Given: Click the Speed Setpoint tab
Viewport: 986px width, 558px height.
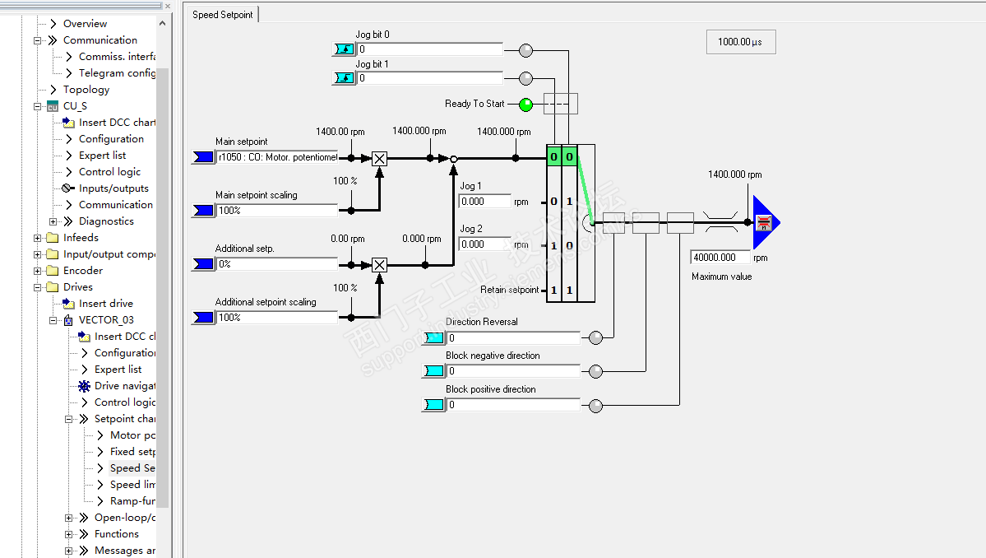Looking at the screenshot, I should pyautogui.click(x=223, y=15).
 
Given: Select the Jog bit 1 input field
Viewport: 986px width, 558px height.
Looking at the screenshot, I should pyautogui.click(x=429, y=79).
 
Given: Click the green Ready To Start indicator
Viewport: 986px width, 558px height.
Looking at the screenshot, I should pyautogui.click(x=525, y=105).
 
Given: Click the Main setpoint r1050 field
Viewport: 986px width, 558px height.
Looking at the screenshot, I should pyautogui.click(x=276, y=157).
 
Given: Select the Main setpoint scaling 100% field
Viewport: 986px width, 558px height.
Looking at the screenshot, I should pyautogui.click(x=276, y=211).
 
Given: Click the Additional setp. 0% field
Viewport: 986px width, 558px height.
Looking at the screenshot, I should pyautogui.click(x=276, y=264).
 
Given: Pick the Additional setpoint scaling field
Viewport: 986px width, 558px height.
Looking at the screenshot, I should pyautogui.click(x=276, y=318).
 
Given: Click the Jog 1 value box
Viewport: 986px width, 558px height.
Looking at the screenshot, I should pyautogui.click(x=484, y=202).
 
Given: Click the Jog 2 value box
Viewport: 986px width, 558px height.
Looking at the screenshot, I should pyautogui.click(x=484, y=244).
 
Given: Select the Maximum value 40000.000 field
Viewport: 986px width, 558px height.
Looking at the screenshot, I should pyautogui.click(x=720, y=258).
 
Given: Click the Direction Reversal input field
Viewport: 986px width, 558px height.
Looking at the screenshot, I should pyautogui.click(x=513, y=338).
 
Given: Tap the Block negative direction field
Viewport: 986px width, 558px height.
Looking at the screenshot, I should pyautogui.click(x=513, y=371).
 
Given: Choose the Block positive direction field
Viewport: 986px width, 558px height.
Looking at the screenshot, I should pyautogui.click(x=513, y=405).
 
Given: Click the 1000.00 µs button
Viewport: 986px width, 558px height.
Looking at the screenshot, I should pyautogui.click(x=740, y=42).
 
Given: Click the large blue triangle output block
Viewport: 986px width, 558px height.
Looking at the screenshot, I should pyautogui.click(x=764, y=222).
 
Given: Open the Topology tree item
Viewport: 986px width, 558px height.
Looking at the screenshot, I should pyautogui.click(x=86, y=90).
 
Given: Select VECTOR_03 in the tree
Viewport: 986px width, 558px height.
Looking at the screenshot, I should pyautogui.click(x=106, y=320).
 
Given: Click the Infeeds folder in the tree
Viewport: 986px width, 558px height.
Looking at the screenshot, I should pyautogui.click(x=81, y=238).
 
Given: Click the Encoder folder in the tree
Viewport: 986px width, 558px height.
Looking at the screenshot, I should pyautogui.click(x=83, y=271).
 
